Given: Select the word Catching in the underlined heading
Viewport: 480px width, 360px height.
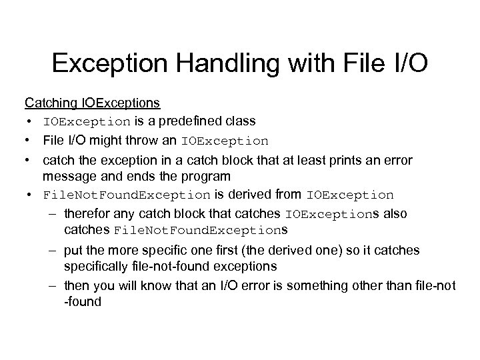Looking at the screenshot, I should (51, 103).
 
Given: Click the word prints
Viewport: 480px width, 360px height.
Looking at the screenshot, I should (328, 160).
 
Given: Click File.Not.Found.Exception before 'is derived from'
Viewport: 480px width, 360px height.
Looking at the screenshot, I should (126, 195).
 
